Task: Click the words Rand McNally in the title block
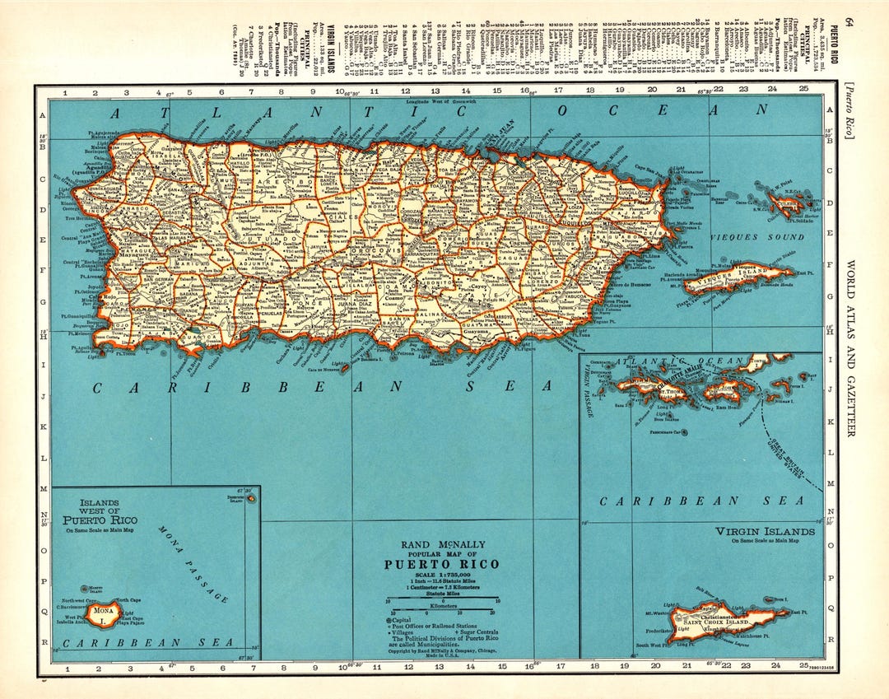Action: click(442, 544)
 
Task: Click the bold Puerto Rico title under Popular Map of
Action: click(441, 565)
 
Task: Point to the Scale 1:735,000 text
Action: click(442, 574)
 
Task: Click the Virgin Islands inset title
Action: click(765, 532)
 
